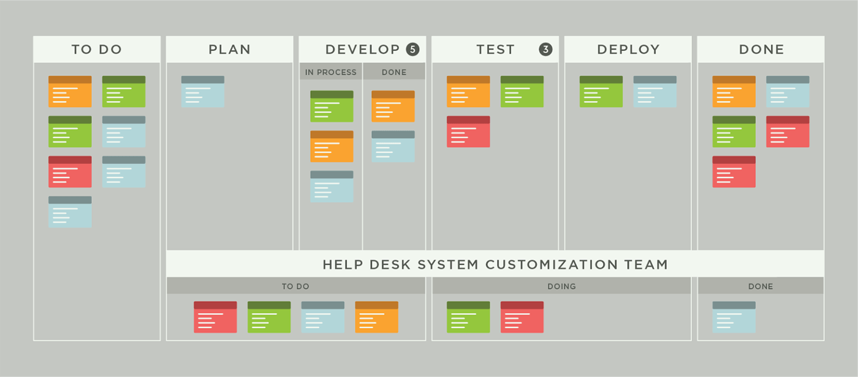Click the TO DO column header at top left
click(97, 50)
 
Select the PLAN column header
click(230, 50)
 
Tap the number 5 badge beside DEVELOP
click(412, 50)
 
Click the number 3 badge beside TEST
click(545, 50)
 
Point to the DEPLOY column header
click(628, 50)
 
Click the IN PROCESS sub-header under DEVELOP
click(330, 72)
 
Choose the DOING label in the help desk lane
click(561, 286)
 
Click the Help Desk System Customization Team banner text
click(495, 265)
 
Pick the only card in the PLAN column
click(203, 92)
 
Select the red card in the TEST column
click(468, 132)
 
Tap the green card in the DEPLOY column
click(601, 92)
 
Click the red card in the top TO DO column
click(70, 172)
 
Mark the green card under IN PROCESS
click(332, 106)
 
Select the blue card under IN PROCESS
click(332, 187)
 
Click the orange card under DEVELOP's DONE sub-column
click(393, 106)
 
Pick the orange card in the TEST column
click(468, 92)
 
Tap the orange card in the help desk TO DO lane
click(376, 317)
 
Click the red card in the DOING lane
click(522, 317)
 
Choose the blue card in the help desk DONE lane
click(734, 317)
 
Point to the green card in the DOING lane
click(468, 317)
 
